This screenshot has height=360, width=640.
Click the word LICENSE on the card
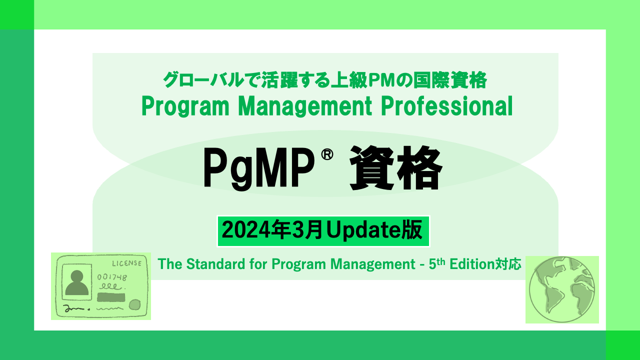(126, 263)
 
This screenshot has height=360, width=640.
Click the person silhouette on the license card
(77, 283)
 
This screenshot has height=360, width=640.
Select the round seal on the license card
(134, 304)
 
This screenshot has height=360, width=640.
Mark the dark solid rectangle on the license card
(111, 298)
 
